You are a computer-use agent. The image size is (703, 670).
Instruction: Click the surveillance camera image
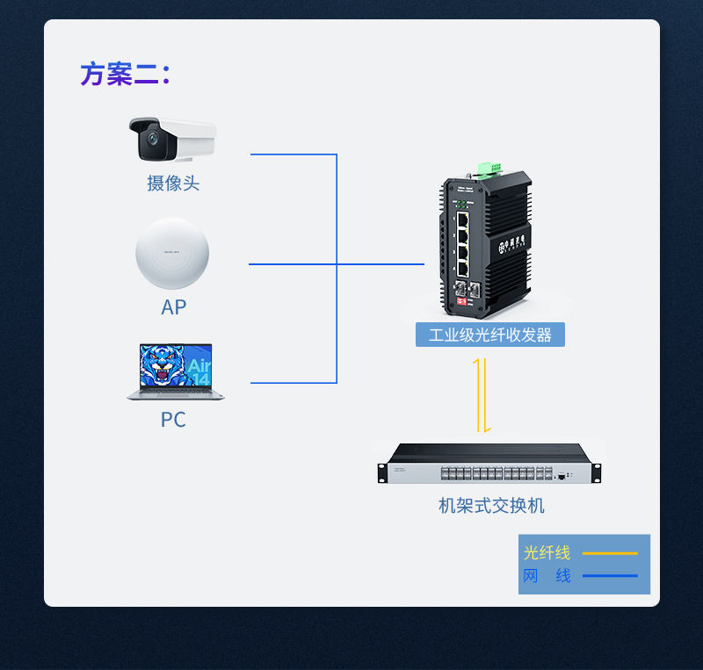pos(172,140)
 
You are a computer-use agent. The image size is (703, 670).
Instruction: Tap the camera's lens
pos(154,138)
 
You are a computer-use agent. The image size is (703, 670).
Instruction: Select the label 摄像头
pos(173,184)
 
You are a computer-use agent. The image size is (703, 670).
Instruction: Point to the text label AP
pos(173,307)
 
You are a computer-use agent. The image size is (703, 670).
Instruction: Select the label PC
pos(173,420)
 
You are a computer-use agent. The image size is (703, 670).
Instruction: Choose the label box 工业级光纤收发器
pos(489,335)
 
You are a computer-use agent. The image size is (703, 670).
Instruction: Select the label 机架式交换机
pos(491,506)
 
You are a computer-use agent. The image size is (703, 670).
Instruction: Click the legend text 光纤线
pos(547,552)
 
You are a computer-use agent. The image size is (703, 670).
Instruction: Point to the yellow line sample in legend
pos(609,553)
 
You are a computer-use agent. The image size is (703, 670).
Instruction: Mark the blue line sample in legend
pos(609,575)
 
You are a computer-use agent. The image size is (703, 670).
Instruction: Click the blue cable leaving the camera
pos(290,155)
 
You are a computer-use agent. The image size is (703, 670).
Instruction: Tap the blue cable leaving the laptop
pos(290,383)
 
